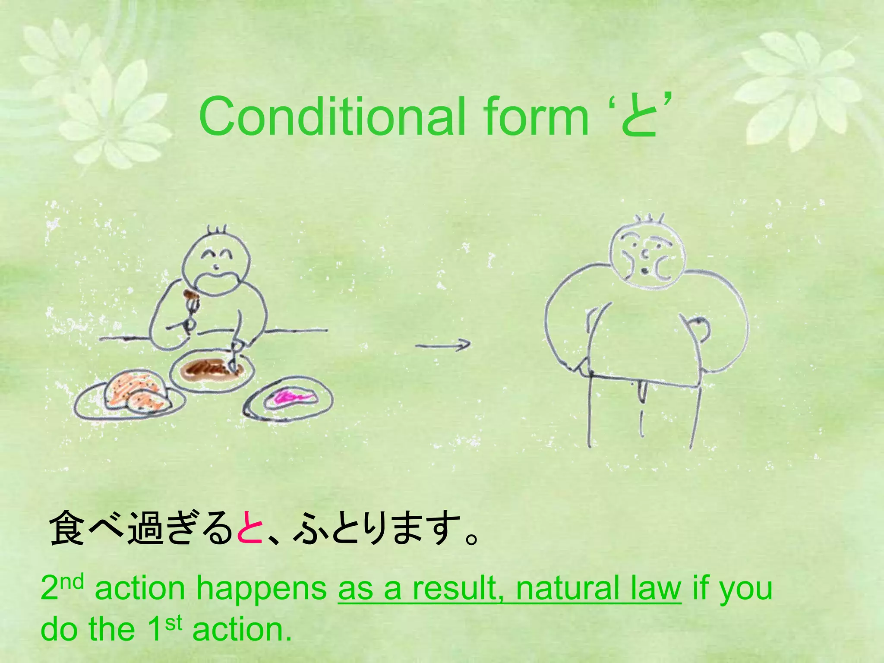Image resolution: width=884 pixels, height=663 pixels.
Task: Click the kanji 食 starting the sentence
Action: pyautogui.click(x=67, y=527)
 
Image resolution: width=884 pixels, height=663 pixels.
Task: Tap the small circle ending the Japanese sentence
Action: pyautogui.click(x=471, y=537)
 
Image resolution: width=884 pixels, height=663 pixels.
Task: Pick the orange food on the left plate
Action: pyautogui.click(x=134, y=391)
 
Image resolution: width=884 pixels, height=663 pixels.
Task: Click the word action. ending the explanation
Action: pyautogui.click(x=242, y=629)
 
